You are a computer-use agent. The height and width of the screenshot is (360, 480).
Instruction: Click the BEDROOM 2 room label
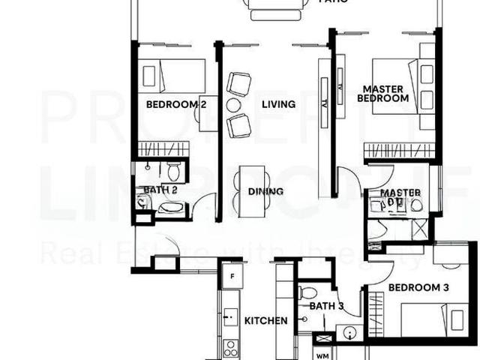[176, 105]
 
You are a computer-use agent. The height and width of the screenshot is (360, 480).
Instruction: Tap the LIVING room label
[278, 105]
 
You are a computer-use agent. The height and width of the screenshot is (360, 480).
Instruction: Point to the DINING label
[265, 192]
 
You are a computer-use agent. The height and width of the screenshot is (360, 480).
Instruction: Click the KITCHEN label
[265, 321]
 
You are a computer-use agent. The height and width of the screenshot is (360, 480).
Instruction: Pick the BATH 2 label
[160, 190]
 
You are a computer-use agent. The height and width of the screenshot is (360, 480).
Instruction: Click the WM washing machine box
[322, 355]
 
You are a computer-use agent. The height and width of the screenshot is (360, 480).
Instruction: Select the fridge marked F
[232, 276]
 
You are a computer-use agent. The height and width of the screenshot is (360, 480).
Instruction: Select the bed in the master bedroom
[401, 86]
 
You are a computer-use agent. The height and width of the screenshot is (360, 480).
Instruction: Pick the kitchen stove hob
[231, 347]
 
